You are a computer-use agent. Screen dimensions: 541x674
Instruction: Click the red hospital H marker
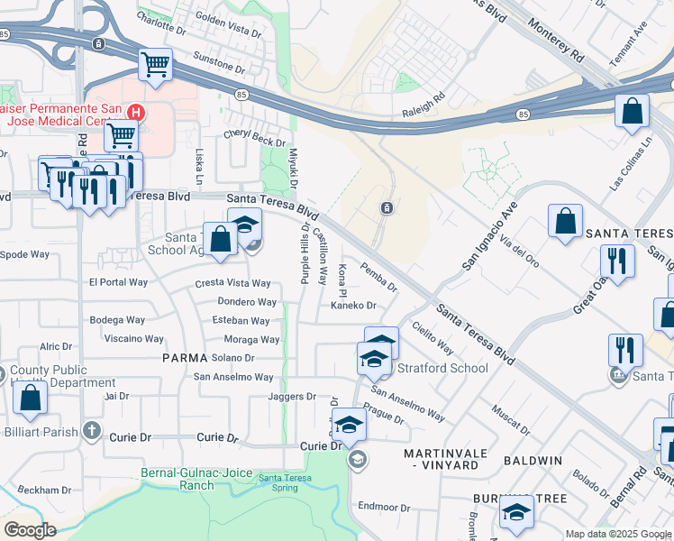point(135,113)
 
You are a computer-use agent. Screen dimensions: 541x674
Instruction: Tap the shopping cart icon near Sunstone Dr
point(155,65)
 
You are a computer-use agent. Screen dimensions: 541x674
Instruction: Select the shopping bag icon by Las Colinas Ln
point(633,112)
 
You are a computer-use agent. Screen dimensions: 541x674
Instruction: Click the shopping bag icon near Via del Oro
point(565,222)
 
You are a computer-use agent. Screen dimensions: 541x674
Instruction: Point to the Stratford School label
point(443,368)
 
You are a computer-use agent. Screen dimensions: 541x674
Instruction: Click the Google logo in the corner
point(30,529)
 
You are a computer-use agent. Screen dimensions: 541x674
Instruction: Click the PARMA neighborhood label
point(186,358)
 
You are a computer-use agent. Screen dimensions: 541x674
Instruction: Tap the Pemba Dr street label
point(379,277)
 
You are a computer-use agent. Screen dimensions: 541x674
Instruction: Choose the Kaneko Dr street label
point(352,306)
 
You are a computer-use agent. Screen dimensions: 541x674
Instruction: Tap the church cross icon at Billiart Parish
point(90,431)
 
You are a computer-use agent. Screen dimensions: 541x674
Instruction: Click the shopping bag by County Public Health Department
point(30,399)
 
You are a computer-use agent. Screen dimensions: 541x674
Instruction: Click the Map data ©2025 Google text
point(618,534)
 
